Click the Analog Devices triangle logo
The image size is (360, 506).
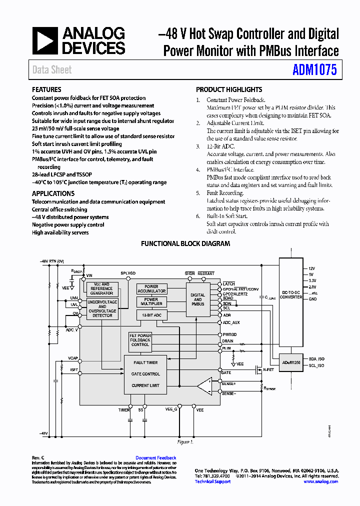coord(45,41)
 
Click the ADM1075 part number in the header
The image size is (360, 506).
coord(314,69)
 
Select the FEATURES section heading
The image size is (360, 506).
coord(46,89)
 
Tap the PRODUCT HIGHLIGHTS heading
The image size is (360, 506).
coord(228,89)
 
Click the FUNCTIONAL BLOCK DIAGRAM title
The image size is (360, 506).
coord(185,243)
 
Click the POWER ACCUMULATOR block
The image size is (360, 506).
coord(151,289)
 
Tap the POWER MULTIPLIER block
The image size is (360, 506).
coord(151,301)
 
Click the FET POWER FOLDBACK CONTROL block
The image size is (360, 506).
coord(140,340)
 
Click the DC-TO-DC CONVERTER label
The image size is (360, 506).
coord(291,294)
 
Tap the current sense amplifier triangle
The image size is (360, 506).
coord(204,386)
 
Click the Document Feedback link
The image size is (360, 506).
coord(155,457)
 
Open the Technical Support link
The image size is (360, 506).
coord(212,481)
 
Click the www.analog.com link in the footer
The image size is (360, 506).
coord(320,481)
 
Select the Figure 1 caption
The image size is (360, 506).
coord(185,442)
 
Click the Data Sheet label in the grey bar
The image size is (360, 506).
coord(52,69)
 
